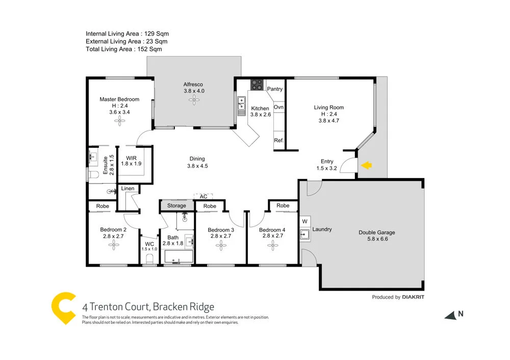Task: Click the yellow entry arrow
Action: coord(366,165)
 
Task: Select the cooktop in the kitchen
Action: coord(257,85)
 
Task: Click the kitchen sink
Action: coord(241,106)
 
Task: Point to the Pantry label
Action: coord(275,89)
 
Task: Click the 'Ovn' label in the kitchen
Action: coord(278,108)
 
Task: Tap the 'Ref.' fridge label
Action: coord(278,140)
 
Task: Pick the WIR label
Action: coord(131,160)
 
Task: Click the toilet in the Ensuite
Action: coord(92,175)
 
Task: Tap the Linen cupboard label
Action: coord(128,189)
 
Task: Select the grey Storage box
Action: coord(176,205)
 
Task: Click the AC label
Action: coord(203,196)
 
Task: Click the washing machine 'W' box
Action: coord(304,221)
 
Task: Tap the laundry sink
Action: coord(305,235)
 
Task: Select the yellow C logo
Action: coord(63,308)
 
